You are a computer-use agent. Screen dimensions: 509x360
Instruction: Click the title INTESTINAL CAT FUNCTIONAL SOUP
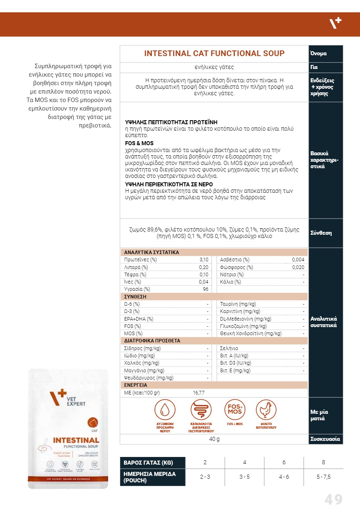coord(214,54)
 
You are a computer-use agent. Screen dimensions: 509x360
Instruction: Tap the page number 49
coord(333,500)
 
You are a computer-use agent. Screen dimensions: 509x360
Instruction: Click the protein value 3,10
coord(204,260)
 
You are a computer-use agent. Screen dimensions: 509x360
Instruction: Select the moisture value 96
coord(206,289)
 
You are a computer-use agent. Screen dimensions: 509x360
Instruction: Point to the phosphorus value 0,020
coord(298,267)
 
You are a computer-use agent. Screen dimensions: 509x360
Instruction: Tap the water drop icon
coord(165,410)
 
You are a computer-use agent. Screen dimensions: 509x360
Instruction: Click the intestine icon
coord(201,410)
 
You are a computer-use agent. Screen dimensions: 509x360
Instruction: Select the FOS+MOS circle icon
coord(235,410)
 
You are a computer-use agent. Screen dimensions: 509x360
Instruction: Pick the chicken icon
coord(266,410)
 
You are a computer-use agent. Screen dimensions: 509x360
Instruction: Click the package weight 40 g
coord(214,439)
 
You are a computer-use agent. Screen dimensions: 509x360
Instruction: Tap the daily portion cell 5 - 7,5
coord(324,477)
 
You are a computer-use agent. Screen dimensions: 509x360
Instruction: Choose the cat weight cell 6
coord(284,462)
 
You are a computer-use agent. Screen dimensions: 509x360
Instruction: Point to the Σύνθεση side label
coord(321,233)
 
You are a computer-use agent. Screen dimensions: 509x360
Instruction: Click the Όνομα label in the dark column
coord(318,54)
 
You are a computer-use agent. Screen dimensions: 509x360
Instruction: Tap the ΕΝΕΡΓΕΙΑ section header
coord(136,385)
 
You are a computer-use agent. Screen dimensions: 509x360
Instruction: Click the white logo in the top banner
coord(335,24)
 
